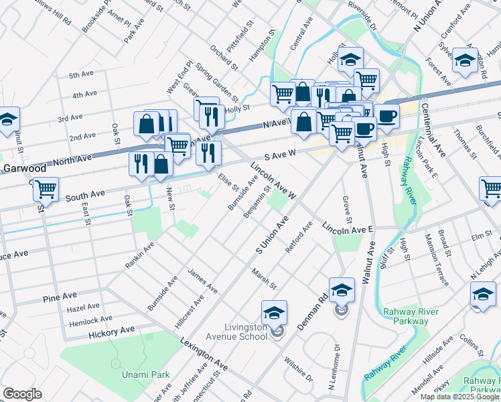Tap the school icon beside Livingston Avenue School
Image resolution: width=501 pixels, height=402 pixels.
tap(273, 314)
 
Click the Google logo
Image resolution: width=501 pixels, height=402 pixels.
tap(22, 394)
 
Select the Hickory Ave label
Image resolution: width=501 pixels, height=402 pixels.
tap(113, 332)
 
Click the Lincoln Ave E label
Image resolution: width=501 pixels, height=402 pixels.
tap(348, 230)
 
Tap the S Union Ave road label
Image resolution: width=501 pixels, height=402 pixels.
tap(272, 234)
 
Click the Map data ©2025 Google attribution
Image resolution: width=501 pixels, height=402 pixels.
tap(459, 397)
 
